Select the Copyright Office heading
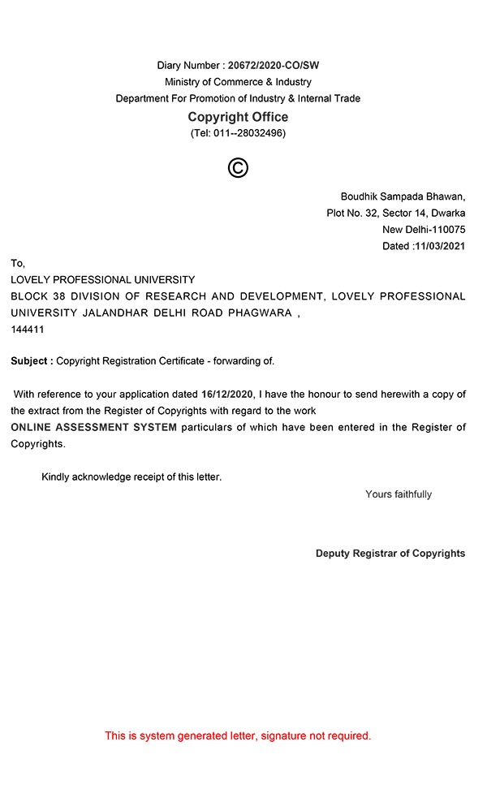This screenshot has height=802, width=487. (x=238, y=117)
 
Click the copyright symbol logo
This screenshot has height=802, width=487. (x=238, y=168)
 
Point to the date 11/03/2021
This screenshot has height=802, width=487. (x=439, y=246)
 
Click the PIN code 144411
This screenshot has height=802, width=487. (x=28, y=330)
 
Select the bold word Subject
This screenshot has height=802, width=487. (x=32, y=360)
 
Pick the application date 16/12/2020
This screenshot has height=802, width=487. (x=228, y=395)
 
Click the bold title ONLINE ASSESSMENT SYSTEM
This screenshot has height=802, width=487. (x=93, y=427)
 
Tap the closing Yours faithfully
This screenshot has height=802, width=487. (x=399, y=494)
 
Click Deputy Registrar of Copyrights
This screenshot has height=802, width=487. (x=390, y=554)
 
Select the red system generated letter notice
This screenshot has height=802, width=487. (x=238, y=736)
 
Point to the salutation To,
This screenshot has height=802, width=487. (x=18, y=263)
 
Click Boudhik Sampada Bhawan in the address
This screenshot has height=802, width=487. (x=403, y=196)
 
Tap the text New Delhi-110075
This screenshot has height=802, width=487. (x=424, y=230)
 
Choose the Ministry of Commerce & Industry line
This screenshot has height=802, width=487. (x=238, y=82)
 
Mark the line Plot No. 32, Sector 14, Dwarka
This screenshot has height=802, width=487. (x=395, y=213)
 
